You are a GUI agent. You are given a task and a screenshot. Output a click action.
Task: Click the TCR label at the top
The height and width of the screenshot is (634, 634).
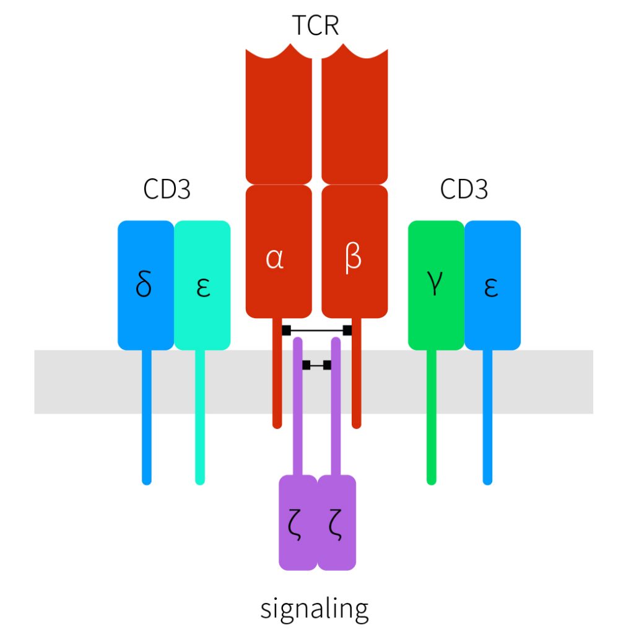coord(316,27)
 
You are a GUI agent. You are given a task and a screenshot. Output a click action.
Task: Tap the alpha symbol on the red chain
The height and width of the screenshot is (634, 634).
coord(274,259)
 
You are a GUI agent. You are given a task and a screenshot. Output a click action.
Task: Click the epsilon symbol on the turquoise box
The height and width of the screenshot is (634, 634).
coord(202,288)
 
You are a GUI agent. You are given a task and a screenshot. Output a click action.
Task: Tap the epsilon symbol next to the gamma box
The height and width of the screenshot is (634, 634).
coord(491,288)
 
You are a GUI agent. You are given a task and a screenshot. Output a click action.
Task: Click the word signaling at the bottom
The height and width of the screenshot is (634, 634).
coord(315,609)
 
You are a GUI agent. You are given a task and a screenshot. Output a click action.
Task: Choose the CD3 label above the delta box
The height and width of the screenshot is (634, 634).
coord(167,189)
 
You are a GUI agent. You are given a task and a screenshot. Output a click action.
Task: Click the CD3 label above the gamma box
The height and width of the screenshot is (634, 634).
coord(464,189)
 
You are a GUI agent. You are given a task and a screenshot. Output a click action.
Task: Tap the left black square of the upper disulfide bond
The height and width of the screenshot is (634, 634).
coord(286,330)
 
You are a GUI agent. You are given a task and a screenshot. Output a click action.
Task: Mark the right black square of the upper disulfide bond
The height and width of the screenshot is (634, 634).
coord(347,330)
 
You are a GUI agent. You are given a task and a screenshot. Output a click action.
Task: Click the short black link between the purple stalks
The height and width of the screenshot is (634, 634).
coord(316,365)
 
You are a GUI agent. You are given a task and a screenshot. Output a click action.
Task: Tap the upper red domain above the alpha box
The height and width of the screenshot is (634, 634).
coord(279,118)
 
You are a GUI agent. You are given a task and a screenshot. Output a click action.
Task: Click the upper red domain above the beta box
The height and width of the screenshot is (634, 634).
coord(355,118)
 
